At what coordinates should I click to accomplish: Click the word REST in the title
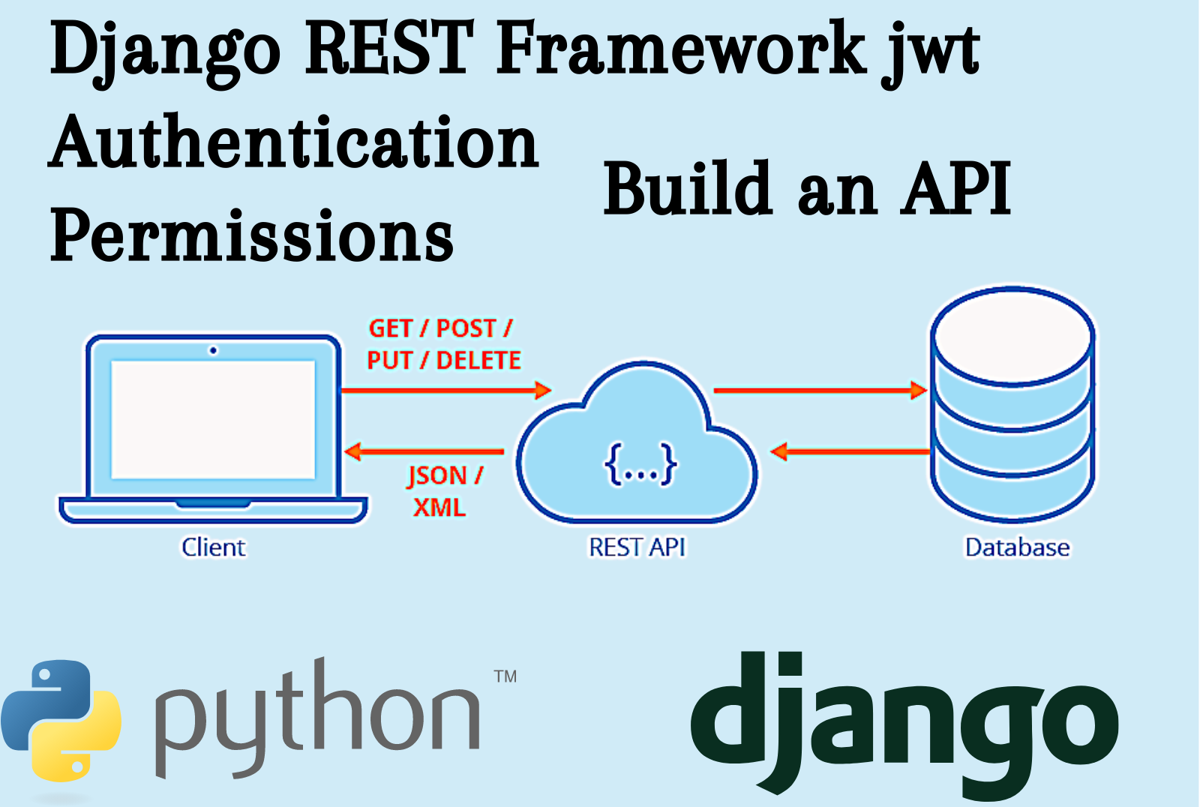[389, 49]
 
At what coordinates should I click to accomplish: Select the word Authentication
[294, 142]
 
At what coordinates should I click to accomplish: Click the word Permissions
[251, 236]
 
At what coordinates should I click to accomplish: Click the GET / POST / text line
[440, 328]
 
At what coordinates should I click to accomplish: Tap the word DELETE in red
[478, 361]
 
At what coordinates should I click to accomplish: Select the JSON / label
[445, 475]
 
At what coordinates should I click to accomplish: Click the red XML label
[439, 508]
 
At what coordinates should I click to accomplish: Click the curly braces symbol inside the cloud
[640, 464]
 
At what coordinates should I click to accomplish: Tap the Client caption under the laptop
[214, 547]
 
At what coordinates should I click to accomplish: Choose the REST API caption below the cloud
[637, 547]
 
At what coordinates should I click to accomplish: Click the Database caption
[1017, 547]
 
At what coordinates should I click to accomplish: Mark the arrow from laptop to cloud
[445, 390]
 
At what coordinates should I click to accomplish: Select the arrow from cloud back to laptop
[424, 451]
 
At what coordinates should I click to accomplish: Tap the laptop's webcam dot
[214, 350]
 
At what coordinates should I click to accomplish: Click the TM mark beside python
[505, 676]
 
